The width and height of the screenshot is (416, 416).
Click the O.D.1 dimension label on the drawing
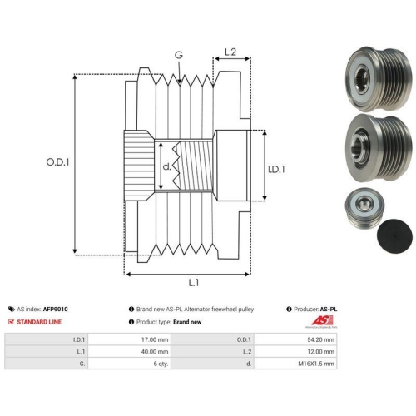(x=57, y=162)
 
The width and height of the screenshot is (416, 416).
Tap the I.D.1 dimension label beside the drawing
(x=276, y=169)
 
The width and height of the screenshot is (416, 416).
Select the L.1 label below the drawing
(x=194, y=283)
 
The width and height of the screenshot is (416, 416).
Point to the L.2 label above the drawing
(x=230, y=52)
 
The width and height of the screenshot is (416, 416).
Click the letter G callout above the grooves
(x=179, y=55)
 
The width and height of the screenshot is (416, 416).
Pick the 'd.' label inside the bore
(x=166, y=166)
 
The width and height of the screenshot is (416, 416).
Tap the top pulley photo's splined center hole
(x=362, y=79)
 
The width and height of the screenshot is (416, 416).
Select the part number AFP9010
(x=55, y=309)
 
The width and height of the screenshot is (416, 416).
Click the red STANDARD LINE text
(x=39, y=322)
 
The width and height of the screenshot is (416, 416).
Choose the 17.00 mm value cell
(x=130, y=339)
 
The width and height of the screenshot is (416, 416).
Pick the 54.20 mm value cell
(x=295, y=339)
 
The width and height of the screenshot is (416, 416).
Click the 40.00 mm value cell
(x=130, y=351)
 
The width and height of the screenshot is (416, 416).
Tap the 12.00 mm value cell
(x=295, y=351)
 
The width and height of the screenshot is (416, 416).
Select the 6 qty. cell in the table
(x=130, y=364)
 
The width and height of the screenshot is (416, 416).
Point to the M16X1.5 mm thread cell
(x=295, y=364)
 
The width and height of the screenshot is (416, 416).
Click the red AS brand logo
(x=322, y=321)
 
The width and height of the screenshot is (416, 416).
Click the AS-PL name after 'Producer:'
(x=329, y=309)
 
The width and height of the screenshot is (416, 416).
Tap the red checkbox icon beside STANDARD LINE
(x=11, y=322)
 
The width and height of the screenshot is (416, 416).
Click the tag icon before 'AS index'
(x=12, y=309)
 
